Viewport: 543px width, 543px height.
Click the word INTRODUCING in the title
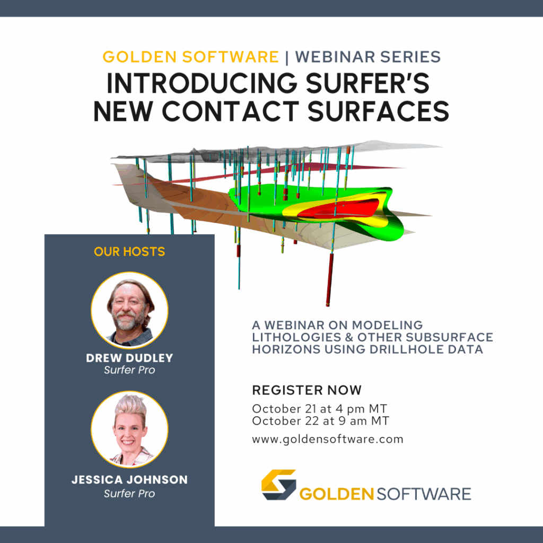tap(202, 83)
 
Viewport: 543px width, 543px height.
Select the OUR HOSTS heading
tap(129, 252)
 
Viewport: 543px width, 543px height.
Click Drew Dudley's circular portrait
tap(129, 310)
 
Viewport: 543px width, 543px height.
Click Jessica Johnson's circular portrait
tap(129, 430)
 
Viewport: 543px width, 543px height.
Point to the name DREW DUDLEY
tap(129, 358)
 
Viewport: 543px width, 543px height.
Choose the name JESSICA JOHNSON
tap(129, 479)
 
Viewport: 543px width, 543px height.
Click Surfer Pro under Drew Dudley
tap(129, 370)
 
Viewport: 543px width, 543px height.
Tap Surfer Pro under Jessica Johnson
tap(129, 494)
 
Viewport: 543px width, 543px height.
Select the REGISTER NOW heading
tap(307, 390)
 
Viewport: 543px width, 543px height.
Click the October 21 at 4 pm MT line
tap(319, 409)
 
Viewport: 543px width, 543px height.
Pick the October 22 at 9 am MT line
tap(321, 421)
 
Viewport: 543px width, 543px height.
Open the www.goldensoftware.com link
tap(328, 440)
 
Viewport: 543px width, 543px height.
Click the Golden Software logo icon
tap(279, 485)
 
